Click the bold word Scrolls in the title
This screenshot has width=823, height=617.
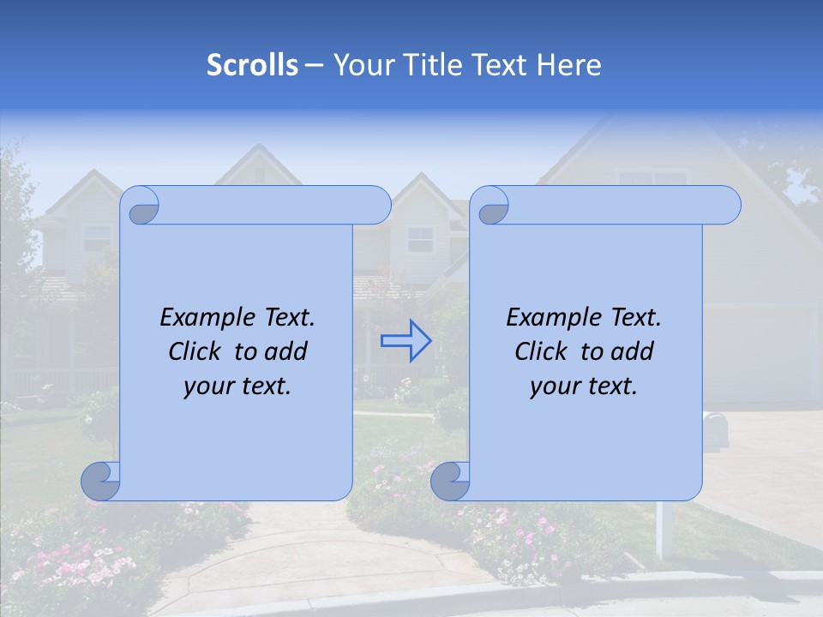252,65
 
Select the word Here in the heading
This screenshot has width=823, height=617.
569,65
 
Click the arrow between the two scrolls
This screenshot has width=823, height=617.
405,341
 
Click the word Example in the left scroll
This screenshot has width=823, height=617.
204,318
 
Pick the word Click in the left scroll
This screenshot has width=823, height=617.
197,351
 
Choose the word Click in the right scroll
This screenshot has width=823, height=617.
544,351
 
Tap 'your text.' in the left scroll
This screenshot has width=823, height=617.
237,386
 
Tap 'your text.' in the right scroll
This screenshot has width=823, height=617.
584,386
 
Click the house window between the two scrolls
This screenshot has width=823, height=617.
420,239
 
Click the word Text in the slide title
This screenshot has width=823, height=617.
502,65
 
